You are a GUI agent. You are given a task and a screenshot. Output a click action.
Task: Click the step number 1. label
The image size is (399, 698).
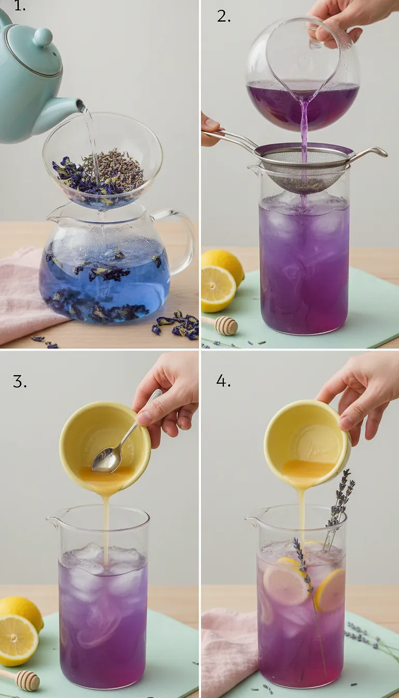click(19, 7)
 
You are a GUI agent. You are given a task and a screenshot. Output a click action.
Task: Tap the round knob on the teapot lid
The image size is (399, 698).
click(43, 37)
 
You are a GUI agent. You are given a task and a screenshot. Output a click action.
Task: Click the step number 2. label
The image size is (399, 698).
click(224, 16)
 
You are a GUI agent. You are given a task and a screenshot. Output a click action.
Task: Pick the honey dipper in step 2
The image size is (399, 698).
click(223, 325)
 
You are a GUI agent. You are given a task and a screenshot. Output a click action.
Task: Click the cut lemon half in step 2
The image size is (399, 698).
click(217, 289)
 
